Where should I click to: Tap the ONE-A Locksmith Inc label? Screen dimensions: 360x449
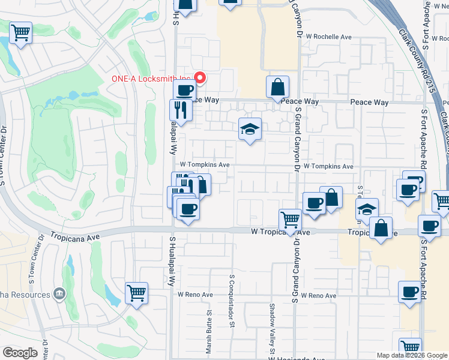(151, 79)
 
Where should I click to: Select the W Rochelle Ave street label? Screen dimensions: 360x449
(329, 37)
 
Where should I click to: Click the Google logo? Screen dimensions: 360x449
(20, 353)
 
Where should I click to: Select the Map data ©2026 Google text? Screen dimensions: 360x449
(411, 355)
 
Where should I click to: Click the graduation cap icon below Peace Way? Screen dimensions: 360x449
(250, 129)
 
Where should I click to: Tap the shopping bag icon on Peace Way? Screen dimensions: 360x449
(278, 88)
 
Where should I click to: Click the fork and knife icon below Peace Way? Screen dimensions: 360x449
(180, 110)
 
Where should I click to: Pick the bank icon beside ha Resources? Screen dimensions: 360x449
(59, 294)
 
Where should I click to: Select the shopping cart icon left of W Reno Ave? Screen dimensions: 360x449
(136, 293)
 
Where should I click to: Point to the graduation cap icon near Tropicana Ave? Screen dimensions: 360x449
(367, 209)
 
